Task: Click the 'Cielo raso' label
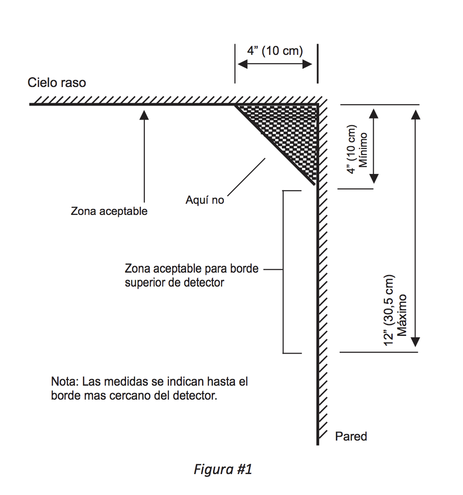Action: click(57, 83)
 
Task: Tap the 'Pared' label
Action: click(351, 436)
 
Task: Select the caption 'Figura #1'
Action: click(222, 469)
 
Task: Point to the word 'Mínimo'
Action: click(363, 150)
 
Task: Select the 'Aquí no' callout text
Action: click(205, 200)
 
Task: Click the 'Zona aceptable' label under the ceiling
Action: click(109, 211)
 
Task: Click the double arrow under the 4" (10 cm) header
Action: click(275, 64)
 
